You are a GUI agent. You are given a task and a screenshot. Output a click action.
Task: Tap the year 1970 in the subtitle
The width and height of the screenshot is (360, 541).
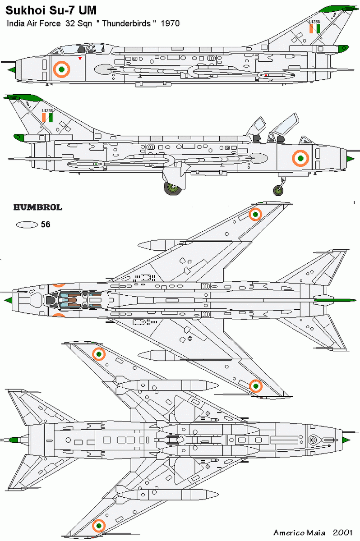coord(170,23)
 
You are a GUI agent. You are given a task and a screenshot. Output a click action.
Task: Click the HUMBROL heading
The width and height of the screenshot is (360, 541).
coord(37,208)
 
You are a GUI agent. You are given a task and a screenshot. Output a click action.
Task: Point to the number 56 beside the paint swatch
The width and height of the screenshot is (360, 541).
coord(46,224)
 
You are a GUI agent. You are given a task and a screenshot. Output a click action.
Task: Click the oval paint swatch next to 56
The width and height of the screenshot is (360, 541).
coord(26,225)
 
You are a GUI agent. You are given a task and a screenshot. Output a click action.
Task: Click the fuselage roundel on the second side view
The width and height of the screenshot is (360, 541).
coord(300,158)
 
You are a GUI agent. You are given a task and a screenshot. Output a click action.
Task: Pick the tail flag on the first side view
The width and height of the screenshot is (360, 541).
coord(314,29)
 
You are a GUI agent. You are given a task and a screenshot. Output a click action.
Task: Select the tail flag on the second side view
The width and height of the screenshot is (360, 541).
coord(47,118)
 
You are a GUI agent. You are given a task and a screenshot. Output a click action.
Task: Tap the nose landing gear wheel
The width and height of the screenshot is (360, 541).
coord(278,190)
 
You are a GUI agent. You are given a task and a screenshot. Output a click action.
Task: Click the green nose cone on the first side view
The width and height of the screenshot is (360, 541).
coord(13,69)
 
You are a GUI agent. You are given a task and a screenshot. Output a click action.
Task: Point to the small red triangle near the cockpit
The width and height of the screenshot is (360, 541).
coord(80,59)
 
